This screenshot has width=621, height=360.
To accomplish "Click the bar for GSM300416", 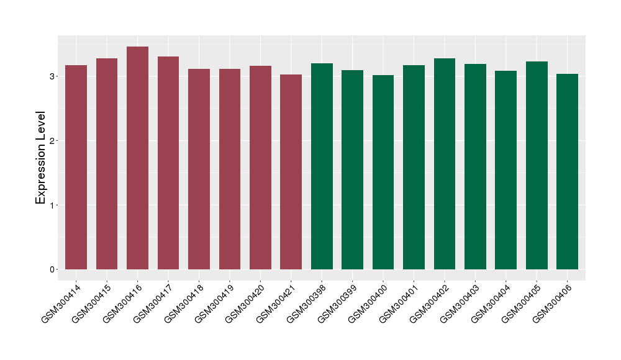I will point(137,158).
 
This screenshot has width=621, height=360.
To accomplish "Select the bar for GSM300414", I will point(76,168).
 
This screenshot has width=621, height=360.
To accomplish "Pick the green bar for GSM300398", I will point(322,166).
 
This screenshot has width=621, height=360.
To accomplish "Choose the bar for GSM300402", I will point(445,164).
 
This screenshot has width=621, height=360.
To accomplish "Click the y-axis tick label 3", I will point(53,76).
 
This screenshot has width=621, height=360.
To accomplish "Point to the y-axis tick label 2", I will point(53,141).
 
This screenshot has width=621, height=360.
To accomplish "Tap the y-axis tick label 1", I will point(53,205).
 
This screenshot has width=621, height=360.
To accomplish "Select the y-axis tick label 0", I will point(53,269).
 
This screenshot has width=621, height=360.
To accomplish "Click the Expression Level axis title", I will point(41,158).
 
